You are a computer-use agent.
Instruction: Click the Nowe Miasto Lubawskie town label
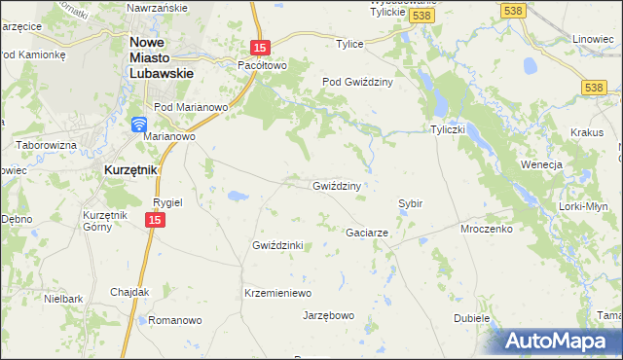point(163,57)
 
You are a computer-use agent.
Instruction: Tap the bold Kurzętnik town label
point(129,169)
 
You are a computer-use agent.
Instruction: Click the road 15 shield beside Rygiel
point(155,221)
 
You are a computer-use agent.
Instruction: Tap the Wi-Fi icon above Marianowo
point(139,124)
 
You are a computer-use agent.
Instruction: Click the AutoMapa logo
point(554,341)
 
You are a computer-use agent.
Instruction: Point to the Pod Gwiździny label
point(356,83)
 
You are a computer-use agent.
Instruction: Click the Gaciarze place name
point(368,234)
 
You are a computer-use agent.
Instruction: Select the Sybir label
point(410,204)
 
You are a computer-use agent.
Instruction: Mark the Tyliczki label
point(451,129)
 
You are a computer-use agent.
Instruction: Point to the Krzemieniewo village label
point(276,293)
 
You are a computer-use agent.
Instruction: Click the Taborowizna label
point(45,144)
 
